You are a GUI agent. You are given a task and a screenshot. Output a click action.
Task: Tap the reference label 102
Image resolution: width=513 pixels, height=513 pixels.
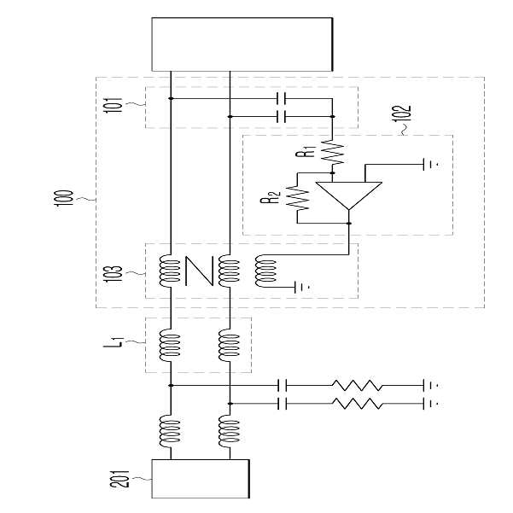pos(402,114)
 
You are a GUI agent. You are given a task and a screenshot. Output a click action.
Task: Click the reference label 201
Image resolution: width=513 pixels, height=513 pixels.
pos(120,480)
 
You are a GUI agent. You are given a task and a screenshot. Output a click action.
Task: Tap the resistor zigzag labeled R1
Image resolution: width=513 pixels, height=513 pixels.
pos(333,152)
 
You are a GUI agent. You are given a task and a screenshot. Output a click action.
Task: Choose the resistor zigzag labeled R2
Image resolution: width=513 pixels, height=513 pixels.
pos(298,198)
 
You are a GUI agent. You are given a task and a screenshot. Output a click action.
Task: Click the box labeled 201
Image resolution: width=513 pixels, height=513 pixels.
pos(201,479)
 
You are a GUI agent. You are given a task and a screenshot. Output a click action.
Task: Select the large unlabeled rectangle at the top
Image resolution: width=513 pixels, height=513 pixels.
pos(242,44)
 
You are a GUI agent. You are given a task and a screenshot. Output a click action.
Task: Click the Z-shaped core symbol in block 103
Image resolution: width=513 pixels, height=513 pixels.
pos(199,271)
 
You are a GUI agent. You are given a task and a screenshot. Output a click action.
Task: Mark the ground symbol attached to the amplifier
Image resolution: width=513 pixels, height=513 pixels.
pos(429,164)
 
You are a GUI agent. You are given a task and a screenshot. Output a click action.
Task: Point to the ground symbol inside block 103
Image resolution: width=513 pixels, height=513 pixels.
pos(301,288)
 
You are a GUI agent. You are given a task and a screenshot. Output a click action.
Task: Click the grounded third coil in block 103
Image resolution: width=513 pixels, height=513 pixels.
pos(265,271)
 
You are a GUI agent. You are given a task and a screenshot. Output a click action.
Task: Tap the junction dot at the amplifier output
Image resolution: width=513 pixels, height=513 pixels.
pos(349,224)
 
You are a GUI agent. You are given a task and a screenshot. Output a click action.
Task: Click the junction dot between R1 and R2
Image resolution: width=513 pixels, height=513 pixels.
pos(333,172)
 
